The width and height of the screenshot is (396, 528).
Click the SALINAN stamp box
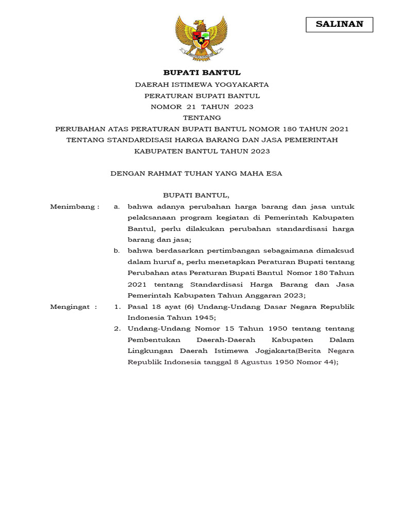point(339,24)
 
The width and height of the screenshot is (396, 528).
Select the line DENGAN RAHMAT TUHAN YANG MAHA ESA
point(196,174)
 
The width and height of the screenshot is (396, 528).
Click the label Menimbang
point(74,207)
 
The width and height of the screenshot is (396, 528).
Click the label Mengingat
point(73,307)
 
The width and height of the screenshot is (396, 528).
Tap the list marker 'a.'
point(117,207)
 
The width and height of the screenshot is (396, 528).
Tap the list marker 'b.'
point(117,251)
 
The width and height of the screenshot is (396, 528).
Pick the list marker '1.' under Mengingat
point(117,307)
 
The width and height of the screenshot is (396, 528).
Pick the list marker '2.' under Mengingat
point(117,329)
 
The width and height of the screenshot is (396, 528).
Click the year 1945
point(203,318)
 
